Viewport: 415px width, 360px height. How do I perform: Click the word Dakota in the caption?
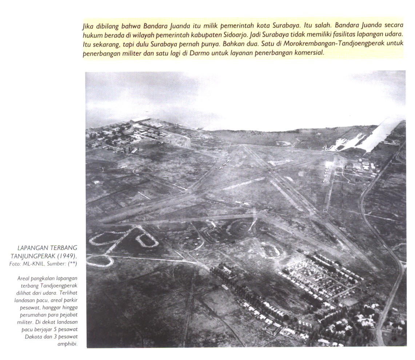click(33, 336)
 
